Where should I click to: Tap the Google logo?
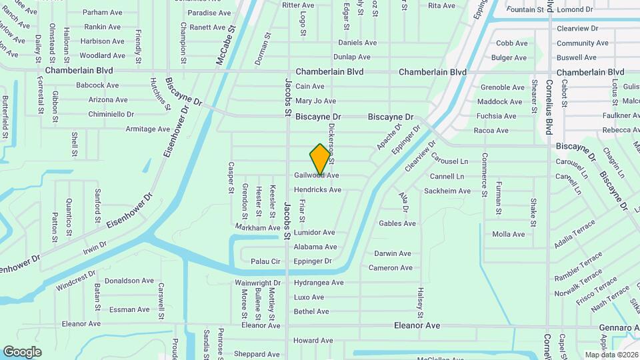point(22,352)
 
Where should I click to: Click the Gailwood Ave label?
point(317,175)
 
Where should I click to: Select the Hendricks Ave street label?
point(317,190)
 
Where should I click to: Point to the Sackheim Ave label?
point(447,191)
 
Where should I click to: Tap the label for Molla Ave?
point(509,234)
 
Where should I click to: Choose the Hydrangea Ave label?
point(319,283)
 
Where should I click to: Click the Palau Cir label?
point(263,261)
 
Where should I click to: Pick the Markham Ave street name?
point(258,228)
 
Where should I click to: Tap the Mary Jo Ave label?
point(315,101)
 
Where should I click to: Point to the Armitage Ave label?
point(148,129)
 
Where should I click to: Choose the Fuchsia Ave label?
point(493,116)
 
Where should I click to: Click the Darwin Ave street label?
point(393,253)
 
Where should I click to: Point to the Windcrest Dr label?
point(76,281)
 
